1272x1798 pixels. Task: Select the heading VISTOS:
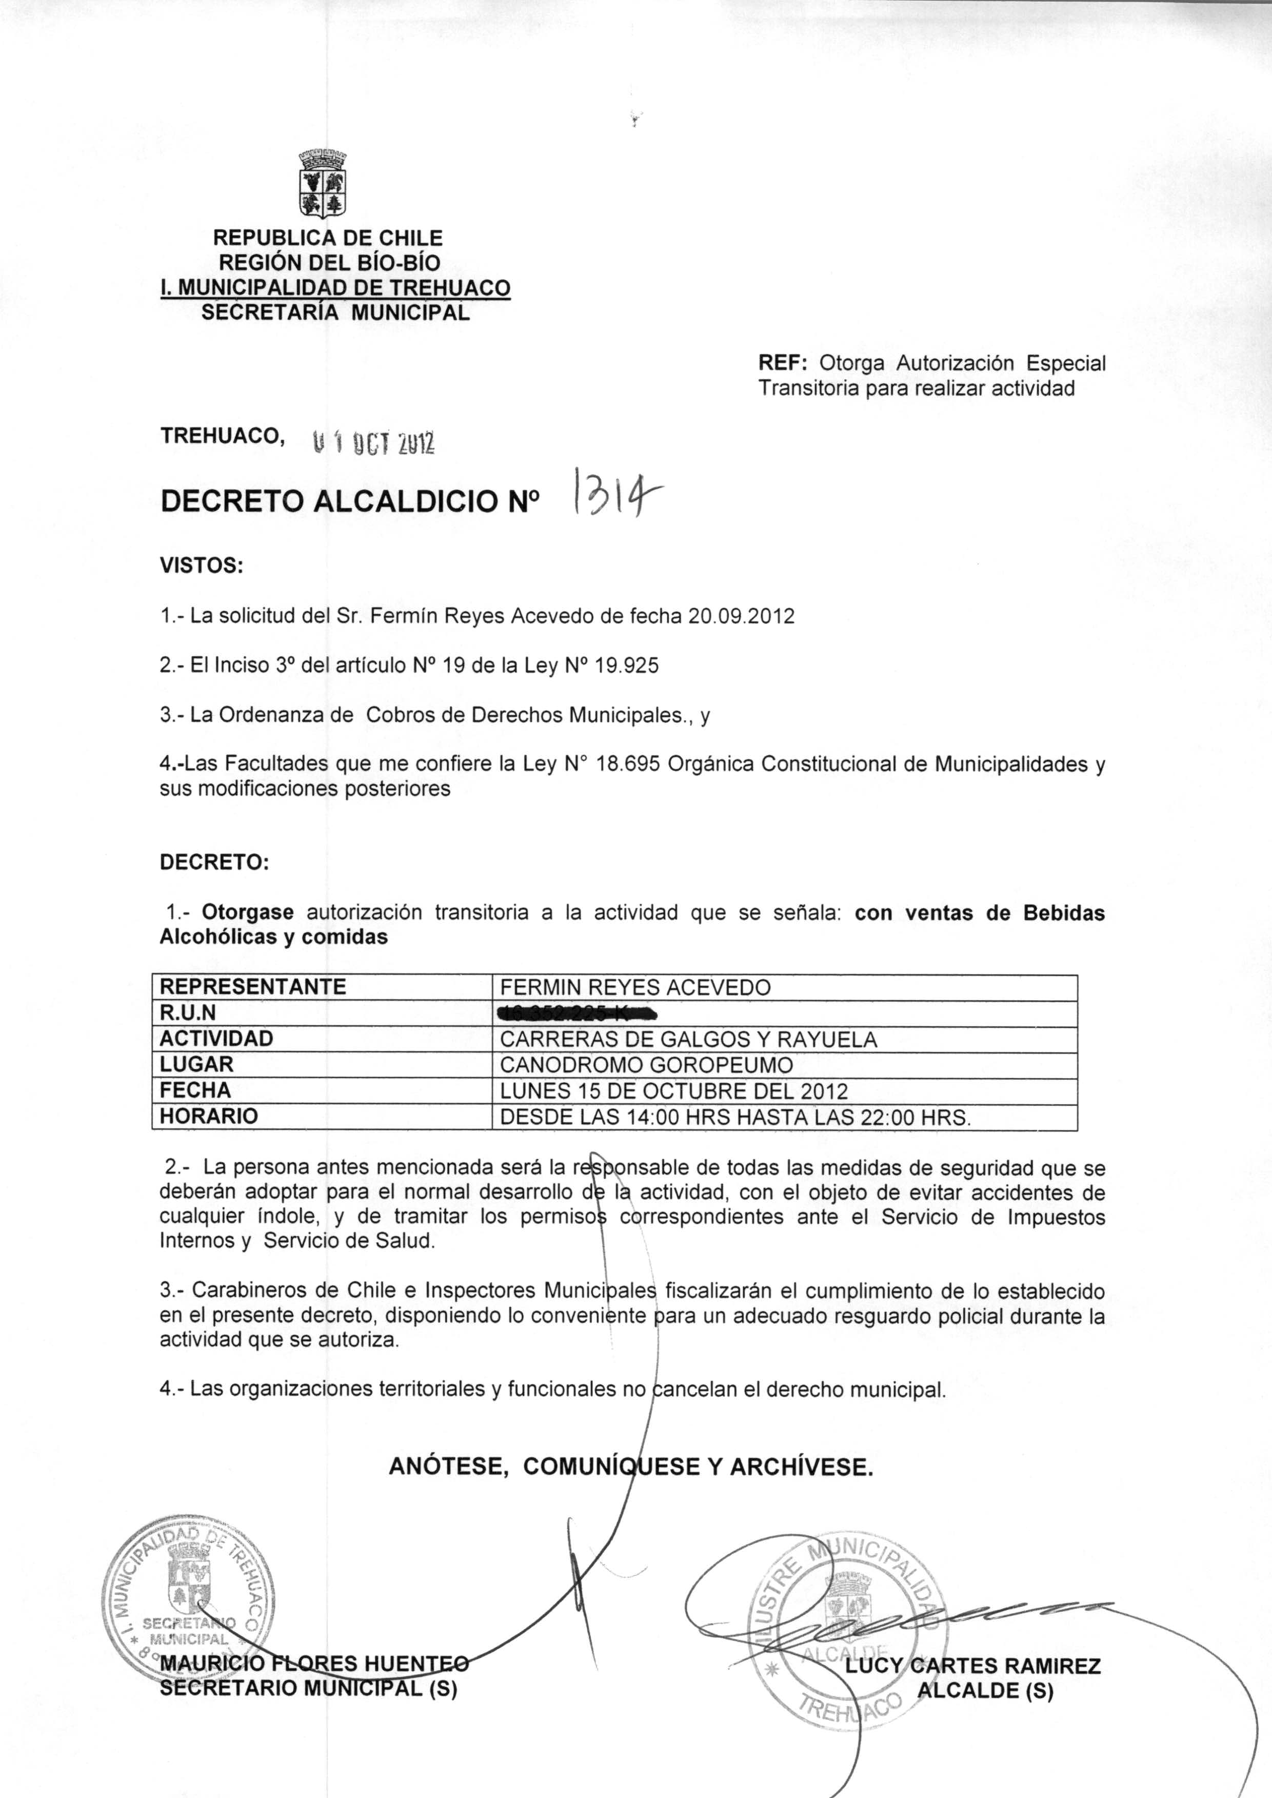tap(201, 565)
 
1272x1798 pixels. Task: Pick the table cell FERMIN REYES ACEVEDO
tap(634, 987)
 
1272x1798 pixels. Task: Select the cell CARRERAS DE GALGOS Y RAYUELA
tap(688, 1040)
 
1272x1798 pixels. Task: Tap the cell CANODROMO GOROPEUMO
tap(646, 1065)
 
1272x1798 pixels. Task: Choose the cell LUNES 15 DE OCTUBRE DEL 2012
tap(673, 1091)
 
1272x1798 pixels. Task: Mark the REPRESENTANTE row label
tap(252, 987)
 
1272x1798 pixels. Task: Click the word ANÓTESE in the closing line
tap(446, 1466)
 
